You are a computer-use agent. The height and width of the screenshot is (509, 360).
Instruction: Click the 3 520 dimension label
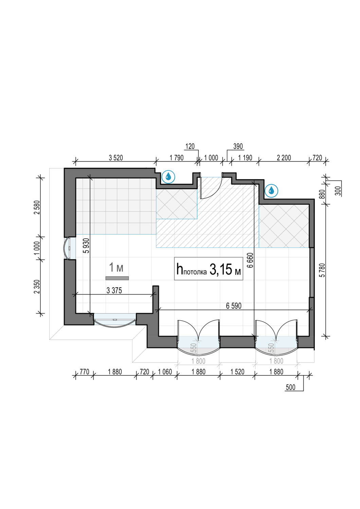pos(116,158)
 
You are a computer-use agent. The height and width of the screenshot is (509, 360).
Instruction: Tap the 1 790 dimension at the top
pos(177,158)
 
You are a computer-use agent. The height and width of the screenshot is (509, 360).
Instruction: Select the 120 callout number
pos(190,146)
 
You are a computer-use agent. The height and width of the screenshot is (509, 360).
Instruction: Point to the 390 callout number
pos(238,146)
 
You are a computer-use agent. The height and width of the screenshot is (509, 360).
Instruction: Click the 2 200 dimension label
pos(284,158)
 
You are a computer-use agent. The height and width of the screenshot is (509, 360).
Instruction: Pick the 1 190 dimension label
pos(245,158)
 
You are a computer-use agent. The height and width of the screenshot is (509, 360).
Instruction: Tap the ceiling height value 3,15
pos(221,269)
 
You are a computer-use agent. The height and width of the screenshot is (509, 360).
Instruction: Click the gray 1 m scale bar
pos(117,278)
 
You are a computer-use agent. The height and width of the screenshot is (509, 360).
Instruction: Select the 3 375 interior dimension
pos(114,290)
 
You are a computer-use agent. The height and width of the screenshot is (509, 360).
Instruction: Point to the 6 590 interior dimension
pos(234,306)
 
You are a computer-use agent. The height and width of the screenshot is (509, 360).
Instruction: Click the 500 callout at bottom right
pos(290,387)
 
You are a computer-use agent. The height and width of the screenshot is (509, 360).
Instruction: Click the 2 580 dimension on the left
pos(37,207)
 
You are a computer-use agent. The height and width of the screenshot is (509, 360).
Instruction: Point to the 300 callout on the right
pos(338,191)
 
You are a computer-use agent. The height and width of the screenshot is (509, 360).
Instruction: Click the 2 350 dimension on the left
pos(37,286)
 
